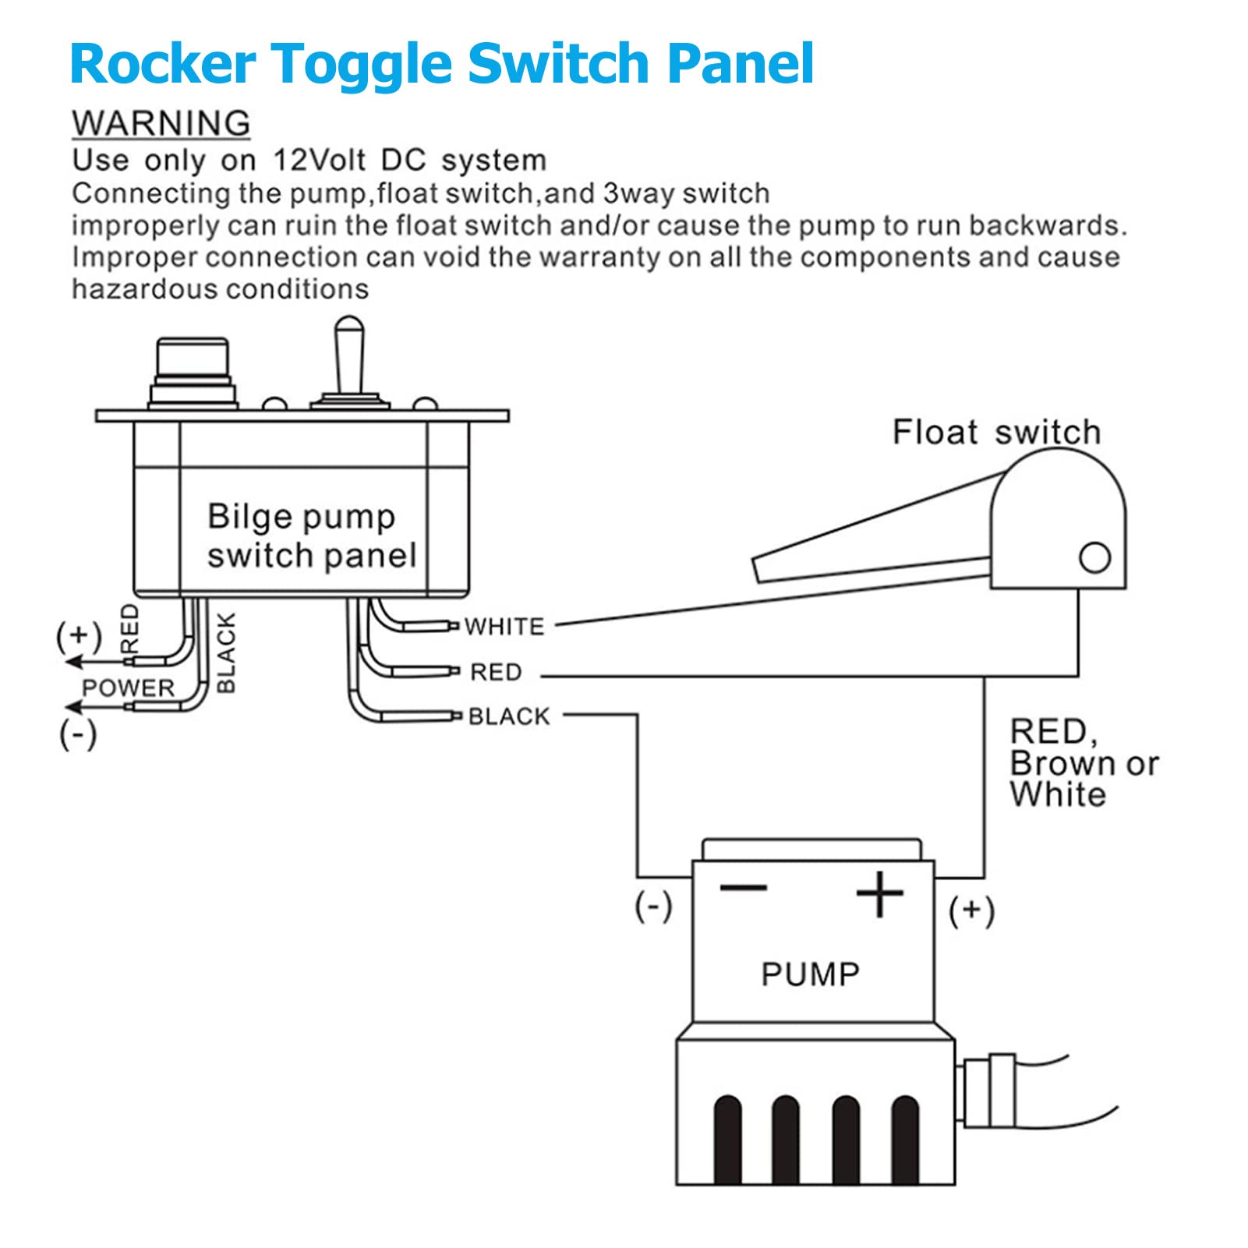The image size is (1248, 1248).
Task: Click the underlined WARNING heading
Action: click(161, 123)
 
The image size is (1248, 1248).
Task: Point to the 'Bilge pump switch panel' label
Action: click(311, 536)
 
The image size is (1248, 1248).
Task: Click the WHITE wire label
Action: click(504, 627)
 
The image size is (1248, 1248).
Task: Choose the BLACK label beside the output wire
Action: click(509, 716)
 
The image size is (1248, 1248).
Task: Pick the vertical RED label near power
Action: click(130, 628)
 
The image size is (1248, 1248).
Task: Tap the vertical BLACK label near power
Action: click(225, 652)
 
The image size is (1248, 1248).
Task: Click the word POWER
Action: click(129, 688)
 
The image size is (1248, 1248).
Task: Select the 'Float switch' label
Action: click(996, 432)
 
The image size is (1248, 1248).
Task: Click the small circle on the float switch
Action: click(1094, 557)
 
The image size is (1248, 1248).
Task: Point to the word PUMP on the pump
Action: click(810, 974)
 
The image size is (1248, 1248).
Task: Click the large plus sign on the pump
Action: click(879, 893)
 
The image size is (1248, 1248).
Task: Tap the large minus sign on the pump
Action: click(744, 888)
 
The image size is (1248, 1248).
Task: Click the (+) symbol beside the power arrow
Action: click(79, 636)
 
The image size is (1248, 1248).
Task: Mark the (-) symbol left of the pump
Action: click(653, 907)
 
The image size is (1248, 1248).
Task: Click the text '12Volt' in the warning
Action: click(320, 160)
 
